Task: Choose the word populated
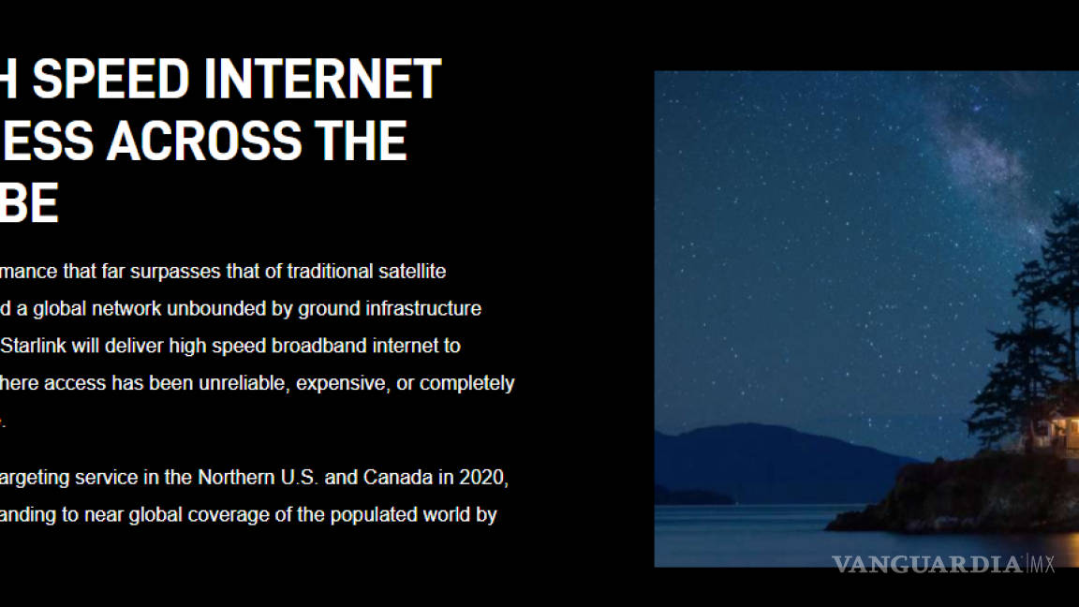pos(372,514)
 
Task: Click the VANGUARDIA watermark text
pos(926,564)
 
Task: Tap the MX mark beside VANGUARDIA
pos(1043,564)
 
